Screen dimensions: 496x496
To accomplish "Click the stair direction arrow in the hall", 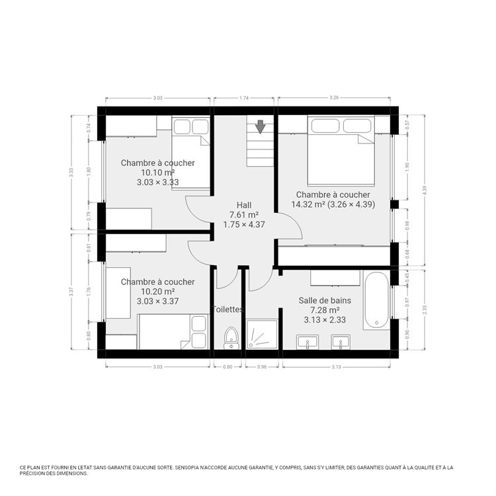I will pos(261,126).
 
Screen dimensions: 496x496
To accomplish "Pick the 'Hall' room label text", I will pos(244,205).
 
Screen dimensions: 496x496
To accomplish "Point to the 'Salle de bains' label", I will pos(325,300).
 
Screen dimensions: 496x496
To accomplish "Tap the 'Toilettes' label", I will pos(227,309).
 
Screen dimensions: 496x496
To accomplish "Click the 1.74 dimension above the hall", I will pos(243,98).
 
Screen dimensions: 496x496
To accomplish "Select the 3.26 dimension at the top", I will pos(334,98).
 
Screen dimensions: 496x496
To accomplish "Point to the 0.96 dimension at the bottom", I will pos(261,366).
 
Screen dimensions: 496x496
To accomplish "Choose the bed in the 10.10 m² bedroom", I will pos(191,152).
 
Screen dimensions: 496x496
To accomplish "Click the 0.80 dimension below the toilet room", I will pos(227,366).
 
